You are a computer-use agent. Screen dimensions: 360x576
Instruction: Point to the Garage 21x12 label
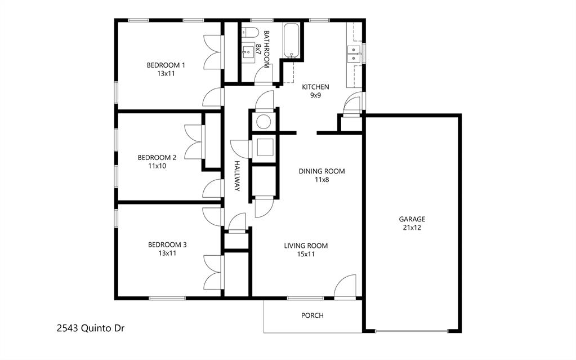coord(412,224)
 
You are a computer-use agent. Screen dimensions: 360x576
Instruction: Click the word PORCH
coord(312,315)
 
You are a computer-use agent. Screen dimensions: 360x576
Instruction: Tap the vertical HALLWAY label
coord(238,176)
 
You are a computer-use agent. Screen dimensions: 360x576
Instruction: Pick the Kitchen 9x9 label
coord(315,91)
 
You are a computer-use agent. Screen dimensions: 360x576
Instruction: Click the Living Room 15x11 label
coord(306,250)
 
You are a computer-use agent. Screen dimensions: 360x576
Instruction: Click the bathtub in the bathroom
coord(291,41)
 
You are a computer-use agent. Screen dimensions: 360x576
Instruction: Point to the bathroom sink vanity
coord(247,53)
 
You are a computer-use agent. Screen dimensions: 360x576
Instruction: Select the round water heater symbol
coord(263,121)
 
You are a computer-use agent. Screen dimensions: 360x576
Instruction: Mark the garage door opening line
coord(412,331)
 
